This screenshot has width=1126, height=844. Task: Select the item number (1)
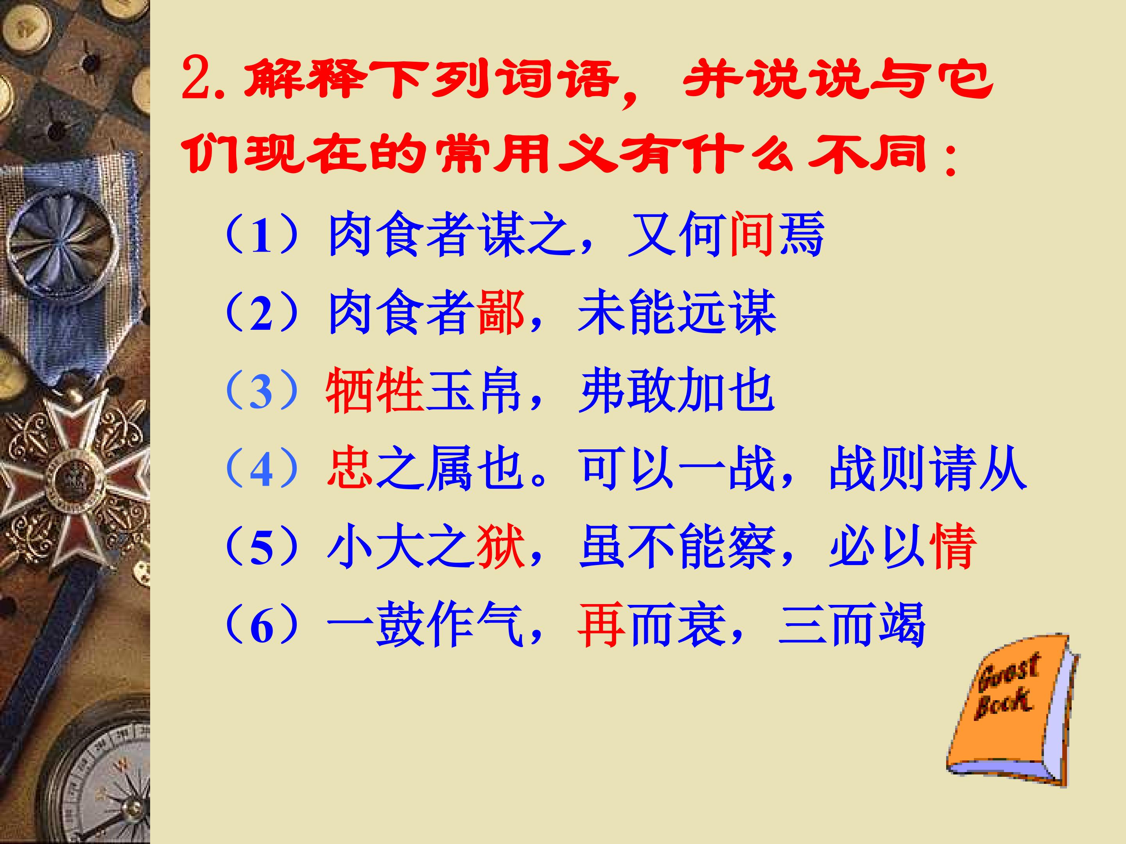(261, 236)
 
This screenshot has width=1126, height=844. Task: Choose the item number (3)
(261, 391)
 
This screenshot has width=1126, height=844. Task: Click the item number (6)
(261, 625)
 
